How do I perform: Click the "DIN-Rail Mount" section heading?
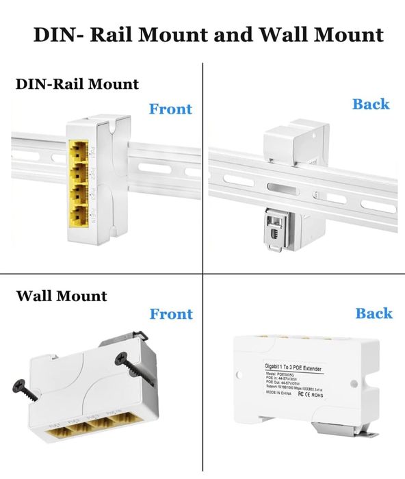pyautogui.click(x=77, y=84)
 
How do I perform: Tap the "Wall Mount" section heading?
pyautogui.click(x=62, y=296)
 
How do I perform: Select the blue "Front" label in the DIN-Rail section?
pyautogui.click(x=170, y=109)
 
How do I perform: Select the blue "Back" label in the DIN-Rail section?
pyautogui.click(x=371, y=104)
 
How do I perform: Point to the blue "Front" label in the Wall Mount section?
pyautogui.click(x=171, y=314)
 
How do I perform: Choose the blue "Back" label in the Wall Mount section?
pyautogui.click(x=374, y=313)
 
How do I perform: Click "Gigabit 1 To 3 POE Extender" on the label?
pyautogui.click(x=296, y=366)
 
